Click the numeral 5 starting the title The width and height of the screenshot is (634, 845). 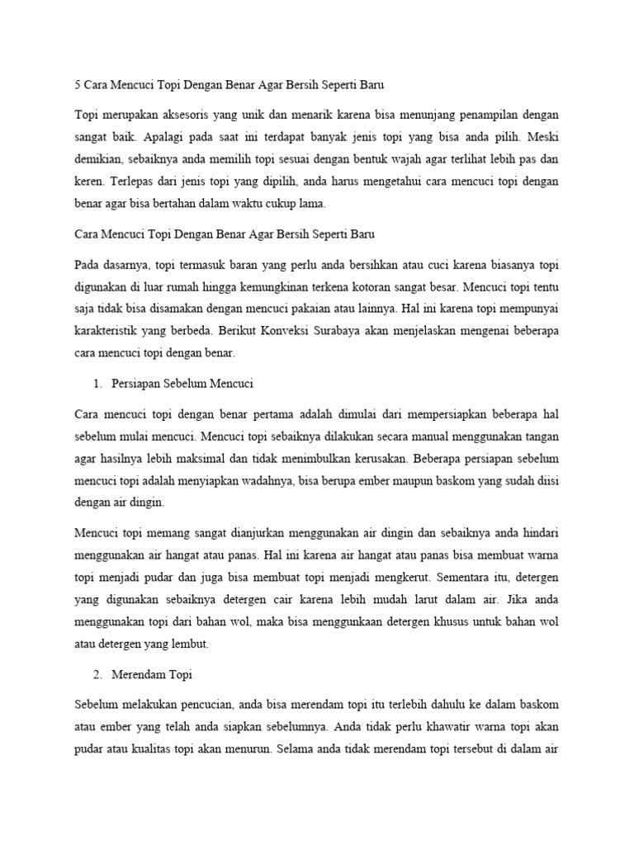(x=77, y=85)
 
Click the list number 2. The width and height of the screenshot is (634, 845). (x=101, y=675)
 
